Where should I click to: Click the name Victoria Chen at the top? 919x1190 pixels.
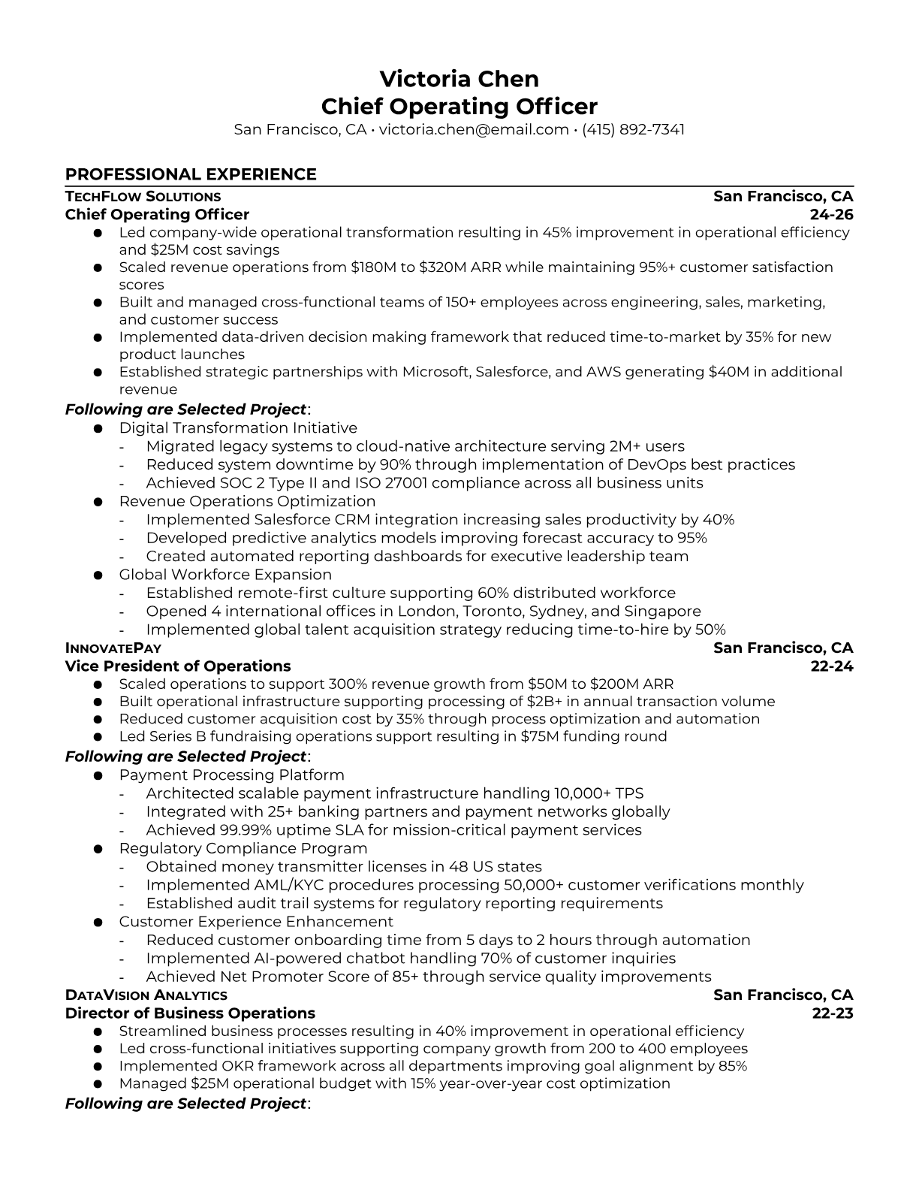pos(459,79)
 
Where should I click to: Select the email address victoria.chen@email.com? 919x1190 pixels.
pos(473,129)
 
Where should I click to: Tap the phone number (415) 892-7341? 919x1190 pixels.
pos(633,129)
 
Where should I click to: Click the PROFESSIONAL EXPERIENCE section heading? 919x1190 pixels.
pos(191,174)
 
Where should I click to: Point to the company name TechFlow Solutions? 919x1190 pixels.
pos(143,197)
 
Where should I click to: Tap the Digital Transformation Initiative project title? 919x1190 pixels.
pos(238,428)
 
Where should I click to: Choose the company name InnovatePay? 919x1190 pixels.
pos(113,648)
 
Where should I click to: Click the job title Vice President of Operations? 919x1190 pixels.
pos(178,666)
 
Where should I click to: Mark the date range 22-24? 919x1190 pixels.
pos(832,666)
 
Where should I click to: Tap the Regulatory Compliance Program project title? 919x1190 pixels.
pos(243,848)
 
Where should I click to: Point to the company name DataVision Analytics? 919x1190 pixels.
pos(146,995)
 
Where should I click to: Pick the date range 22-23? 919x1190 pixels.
pos(833,1013)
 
